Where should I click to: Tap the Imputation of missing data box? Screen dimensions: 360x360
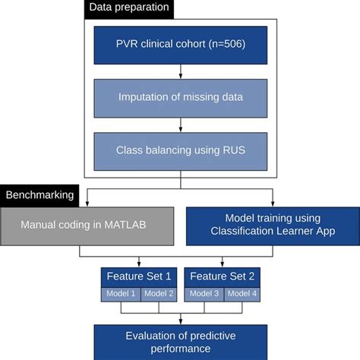(179, 96)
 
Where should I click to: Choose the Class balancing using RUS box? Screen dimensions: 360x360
(179, 150)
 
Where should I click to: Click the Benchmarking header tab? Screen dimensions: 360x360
(39, 194)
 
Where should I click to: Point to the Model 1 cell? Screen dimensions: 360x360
(121, 294)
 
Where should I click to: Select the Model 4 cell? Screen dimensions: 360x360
(242, 294)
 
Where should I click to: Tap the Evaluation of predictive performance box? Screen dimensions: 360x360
(179, 343)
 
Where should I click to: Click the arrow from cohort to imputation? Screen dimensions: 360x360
(179, 70)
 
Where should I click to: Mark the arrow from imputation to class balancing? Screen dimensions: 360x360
(179, 123)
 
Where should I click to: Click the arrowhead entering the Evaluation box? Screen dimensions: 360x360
(179, 321)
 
